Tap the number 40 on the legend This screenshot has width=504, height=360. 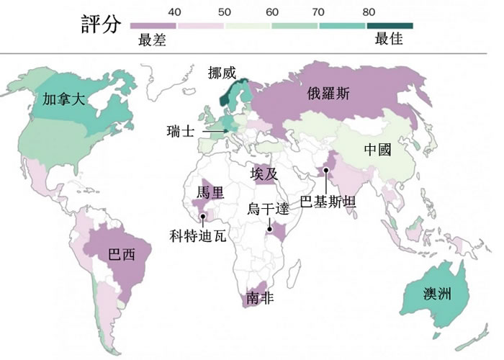point(174,12)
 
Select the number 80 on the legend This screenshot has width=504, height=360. point(369,12)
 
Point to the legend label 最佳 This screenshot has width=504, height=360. point(389,40)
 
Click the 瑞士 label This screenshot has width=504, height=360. point(179,132)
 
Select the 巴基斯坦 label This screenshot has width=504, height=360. point(328,201)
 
